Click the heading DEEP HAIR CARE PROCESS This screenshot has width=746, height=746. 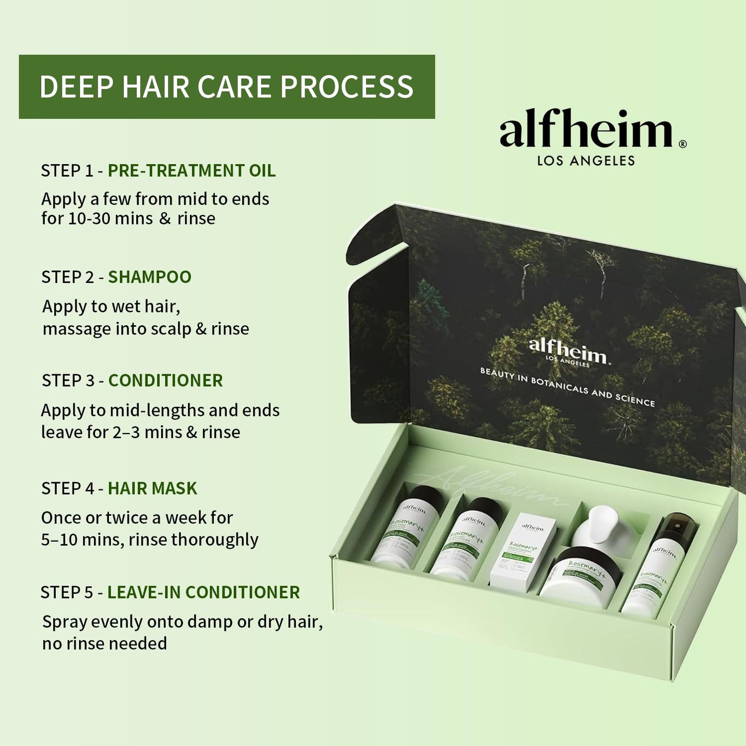pyautogui.click(x=226, y=87)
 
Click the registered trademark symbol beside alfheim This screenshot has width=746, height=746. pyautogui.click(x=682, y=144)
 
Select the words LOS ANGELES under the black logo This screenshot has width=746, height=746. pyautogui.click(x=585, y=161)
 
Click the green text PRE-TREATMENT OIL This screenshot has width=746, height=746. pyautogui.click(x=192, y=171)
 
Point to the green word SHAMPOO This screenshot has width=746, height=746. pyautogui.click(x=149, y=277)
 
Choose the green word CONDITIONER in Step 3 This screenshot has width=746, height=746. pyautogui.click(x=165, y=380)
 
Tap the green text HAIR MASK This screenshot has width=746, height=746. pyautogui.click(x=152, y=488)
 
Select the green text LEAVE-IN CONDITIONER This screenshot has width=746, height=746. pyautogui.click(x=203, y=592)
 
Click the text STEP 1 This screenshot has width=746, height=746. pyautogui.click(x=67, y=171)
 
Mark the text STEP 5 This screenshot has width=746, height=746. pyautogui.click(x=67, y=592)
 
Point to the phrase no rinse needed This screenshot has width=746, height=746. pyautogui.click(x=104, y=644)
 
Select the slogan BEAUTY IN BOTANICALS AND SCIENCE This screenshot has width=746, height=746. pyautogui.click(x=567, y=387)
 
